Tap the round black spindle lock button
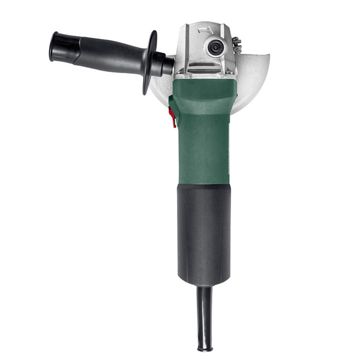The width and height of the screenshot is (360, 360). pos(212,46)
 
